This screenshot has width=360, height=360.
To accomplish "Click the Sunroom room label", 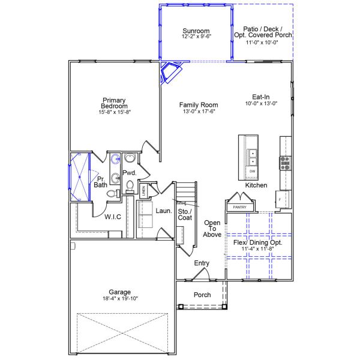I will (x=196, y=31).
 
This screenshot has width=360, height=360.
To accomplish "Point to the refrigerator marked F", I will (x=280, y=199).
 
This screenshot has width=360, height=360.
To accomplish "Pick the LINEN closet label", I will (x=144, y=191).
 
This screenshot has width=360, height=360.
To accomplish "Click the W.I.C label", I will (x=113, y=217).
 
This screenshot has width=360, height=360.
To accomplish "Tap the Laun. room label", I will (x=164, y=211).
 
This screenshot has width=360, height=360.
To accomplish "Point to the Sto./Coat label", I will (x=185, y=214).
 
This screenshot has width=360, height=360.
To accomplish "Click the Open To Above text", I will (x=212, y=228).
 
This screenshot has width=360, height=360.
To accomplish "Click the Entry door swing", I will (x=202, y=275).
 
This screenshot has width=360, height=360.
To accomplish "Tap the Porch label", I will (x=202, y=295).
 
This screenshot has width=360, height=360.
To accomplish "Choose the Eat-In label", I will (x=264, y=96).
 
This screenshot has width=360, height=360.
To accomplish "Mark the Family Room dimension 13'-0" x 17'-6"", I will (x=197, y=111).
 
